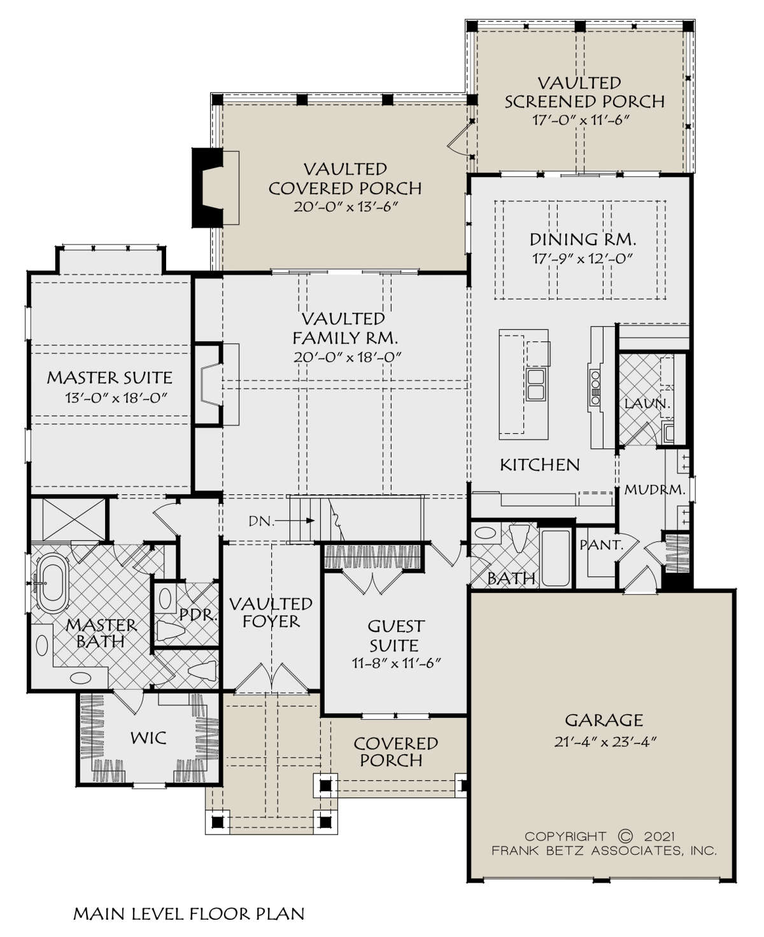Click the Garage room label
click(x=604, y=720)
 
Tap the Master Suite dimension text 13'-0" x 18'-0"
click(x=116, y=397)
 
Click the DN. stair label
click(x=261, y=521)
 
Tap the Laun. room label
click(x=647, y=404)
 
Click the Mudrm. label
click(x=655, y=490)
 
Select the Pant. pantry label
click(x=602, y=545)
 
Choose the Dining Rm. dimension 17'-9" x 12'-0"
click(x=583, y=259)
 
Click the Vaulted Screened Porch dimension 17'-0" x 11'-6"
click(x=581, y=120)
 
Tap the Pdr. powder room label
click(x=198, y=615)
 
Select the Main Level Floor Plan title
click(x=189, y=913)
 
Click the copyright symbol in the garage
click(x=625, y=837)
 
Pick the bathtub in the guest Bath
click(x=556, y=558)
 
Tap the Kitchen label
click(x=540, y=465)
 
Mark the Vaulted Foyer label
click(x=271, y=613)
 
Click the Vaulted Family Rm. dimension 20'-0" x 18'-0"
click(x=348, y=357)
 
